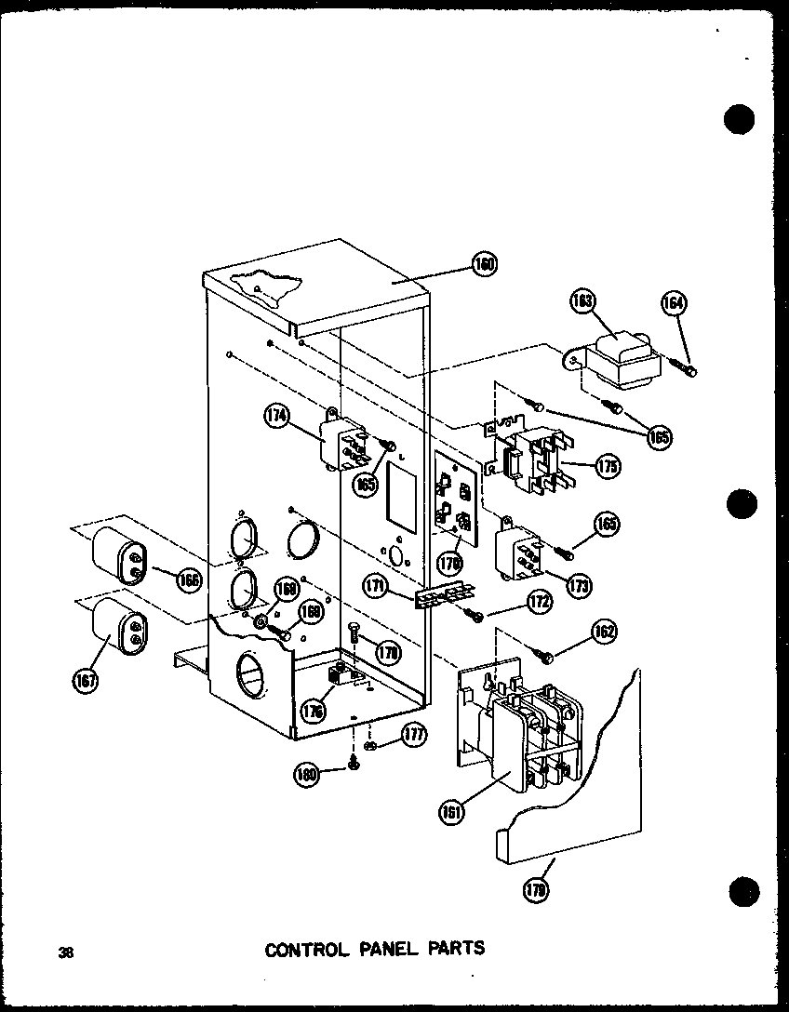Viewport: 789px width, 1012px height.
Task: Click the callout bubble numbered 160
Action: [484, 265]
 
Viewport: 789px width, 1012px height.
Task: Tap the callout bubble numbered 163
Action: [585, 300]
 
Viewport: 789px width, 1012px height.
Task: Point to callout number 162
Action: [603, 633]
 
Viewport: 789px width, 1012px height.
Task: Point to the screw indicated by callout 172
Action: [475, 615]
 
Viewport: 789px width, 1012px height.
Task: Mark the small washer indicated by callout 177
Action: [369, 746]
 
